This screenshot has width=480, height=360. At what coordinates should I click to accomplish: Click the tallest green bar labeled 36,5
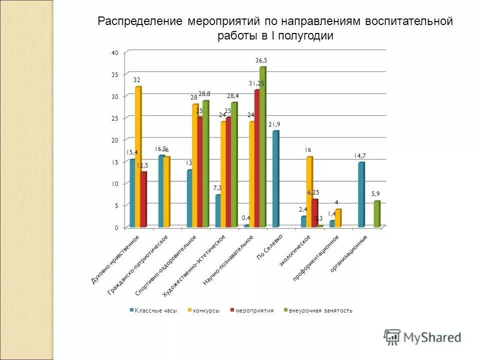(x=262, y=147)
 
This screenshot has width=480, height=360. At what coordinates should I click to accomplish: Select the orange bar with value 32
(x=138, y=157)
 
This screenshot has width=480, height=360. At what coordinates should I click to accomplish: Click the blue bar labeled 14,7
(x=361, y=195)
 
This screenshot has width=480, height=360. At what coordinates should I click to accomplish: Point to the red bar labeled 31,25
(x=257, y=158)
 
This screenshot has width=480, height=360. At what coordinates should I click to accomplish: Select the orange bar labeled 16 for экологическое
(x=309, y=192)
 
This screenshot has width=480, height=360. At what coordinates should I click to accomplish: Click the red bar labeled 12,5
(x=143, y=199)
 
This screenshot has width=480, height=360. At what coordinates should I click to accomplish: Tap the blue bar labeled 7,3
(x=218, y=211)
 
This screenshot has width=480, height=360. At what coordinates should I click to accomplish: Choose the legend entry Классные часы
(x=153, y=310)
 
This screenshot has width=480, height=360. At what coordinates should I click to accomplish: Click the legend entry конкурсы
(x=203, y=310)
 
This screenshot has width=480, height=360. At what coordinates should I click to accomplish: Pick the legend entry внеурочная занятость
(x=317, y=310)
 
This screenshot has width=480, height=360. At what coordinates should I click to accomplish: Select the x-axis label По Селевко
(x=270, y=246)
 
